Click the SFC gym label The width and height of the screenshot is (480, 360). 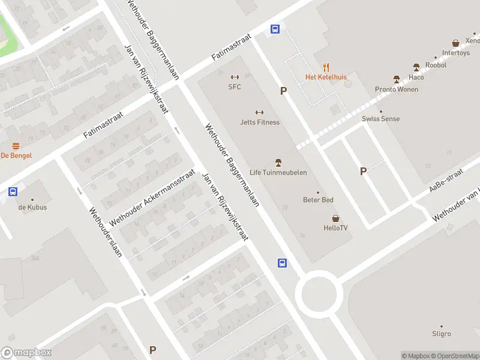click(x=234, y=86)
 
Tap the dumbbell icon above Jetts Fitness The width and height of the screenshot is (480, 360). click(x=260, y=112)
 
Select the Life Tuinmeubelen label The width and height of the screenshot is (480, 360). click(x=278, y=172)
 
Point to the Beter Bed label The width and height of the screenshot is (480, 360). click(x=318, y=200)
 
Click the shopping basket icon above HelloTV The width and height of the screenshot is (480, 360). click(x=335, y=218)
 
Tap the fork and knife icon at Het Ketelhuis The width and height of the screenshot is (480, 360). click(x=326, y=67)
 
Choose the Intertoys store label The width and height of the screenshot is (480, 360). click(x=456, y=53)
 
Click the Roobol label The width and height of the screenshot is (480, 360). click(x=436, y=65)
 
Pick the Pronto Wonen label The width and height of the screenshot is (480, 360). click(x=397, y=89)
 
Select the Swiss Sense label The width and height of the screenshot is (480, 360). click(x=380, y=119)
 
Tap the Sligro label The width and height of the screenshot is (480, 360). click(x=442, y=334)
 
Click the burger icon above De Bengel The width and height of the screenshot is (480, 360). click(x=16, y=146)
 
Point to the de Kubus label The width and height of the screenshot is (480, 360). click(x=32, y=207)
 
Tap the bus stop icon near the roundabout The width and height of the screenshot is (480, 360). click(x=282, y=263)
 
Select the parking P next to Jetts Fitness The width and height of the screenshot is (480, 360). click(x=283, y=91)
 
